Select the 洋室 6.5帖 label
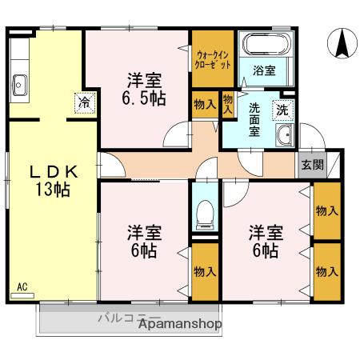point(144,89)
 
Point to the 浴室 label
point(264,70)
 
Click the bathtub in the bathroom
point(267,46)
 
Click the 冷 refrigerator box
point(84,102)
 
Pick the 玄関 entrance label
point(312,166)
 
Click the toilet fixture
point(204,211)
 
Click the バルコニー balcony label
point(120,318)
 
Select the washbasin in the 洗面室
point(284,138)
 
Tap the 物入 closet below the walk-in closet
point(204,104)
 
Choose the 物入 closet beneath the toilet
point(204,271)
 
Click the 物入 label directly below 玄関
point(326,210)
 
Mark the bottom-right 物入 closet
point(326,271)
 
